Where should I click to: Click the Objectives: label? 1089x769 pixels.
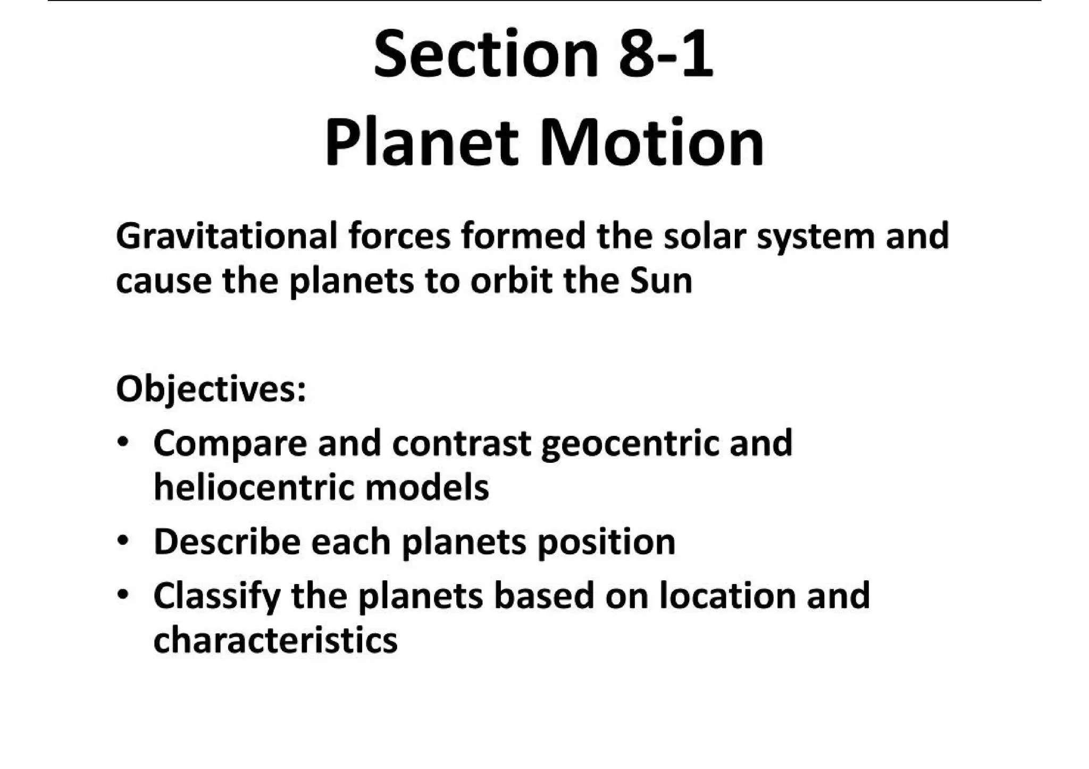[x=211, y=390]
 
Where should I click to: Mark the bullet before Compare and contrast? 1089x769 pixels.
[x=123, y=442]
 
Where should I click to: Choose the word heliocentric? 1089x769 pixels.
[x=254, y=487]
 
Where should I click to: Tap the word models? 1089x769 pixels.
[x=427, y=487]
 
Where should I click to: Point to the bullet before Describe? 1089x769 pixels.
[x=123, y=542]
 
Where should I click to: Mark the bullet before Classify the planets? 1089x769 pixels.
[x=123, y=595]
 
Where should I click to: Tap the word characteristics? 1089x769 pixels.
[x=275, y=640]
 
